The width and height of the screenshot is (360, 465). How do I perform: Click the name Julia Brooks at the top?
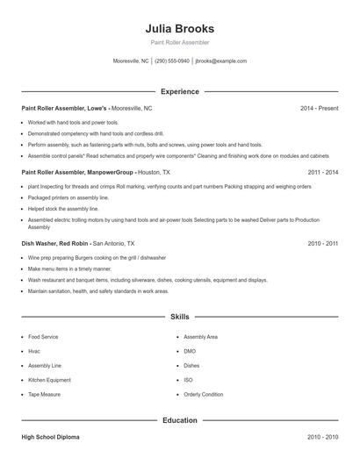pos(180,28)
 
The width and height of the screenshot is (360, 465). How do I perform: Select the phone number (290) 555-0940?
pos(172,61)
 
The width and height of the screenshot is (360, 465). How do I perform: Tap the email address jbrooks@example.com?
pos(220,61)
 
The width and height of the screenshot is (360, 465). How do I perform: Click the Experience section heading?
pos(180,91)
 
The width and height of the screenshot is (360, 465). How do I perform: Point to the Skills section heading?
pos(180,316)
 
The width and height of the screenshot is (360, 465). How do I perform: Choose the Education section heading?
pos(180,420)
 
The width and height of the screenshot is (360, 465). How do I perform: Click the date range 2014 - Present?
pos(319,108)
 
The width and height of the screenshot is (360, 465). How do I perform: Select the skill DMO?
pos(190,351)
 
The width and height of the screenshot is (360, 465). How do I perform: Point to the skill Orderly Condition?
pos(203,394)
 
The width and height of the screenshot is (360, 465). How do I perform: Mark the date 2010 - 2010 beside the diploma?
pos(322,436)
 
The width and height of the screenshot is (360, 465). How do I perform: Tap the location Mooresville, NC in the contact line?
pos(131,61)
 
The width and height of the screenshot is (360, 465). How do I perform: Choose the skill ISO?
pos(188,380)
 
